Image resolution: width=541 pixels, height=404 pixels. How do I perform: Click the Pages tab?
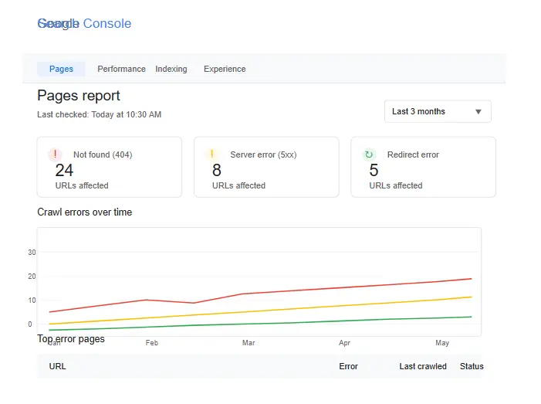click(61, 69)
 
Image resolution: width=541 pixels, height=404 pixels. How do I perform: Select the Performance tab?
click(121, 69)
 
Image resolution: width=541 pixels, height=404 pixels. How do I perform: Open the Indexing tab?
click(171, 69)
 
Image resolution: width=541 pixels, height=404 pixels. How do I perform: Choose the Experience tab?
click(225, 69)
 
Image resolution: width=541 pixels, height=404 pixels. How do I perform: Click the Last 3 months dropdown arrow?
click(478, 112)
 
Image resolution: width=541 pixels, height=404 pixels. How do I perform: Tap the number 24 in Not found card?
click(64, 171)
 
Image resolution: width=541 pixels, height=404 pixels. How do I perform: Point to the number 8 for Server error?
click(217, 171)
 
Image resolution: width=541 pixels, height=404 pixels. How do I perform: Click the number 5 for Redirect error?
click(374, 171)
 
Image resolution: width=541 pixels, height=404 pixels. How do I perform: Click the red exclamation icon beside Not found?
click(54, 154)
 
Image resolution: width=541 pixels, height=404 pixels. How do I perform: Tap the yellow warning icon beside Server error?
click(211, 154)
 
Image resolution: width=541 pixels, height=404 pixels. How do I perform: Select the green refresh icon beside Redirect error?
click(369, 154)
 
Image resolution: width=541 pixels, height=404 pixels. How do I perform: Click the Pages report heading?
click(79, 96)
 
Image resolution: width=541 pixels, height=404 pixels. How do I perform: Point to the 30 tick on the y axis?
click(32, 252)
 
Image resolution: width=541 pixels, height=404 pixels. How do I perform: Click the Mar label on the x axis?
click(249, 342)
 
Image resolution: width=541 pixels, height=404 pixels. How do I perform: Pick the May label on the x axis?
click(442, 342)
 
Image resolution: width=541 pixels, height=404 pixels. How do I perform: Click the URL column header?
click(58, 366)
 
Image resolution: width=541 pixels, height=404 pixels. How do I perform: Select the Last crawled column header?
click(423, 366)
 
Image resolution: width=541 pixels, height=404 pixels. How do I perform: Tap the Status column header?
click(472, 366)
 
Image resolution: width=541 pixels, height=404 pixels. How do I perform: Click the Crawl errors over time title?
click(85, 212)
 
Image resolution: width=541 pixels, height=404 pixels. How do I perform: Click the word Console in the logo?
click(107, 23)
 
